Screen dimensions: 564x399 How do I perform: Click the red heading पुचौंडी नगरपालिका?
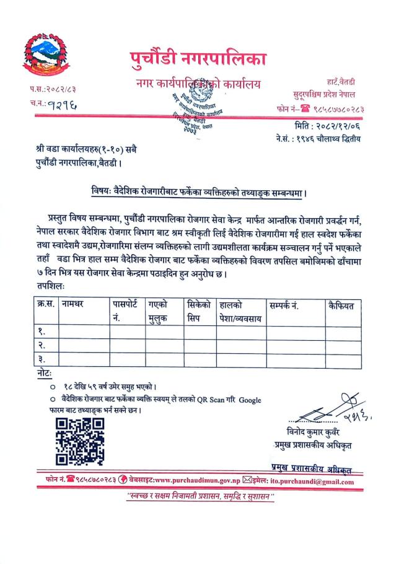coord(198,59)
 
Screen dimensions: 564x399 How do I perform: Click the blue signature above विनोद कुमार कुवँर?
coord(323,408)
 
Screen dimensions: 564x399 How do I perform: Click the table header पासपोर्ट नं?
coord(127,311)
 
